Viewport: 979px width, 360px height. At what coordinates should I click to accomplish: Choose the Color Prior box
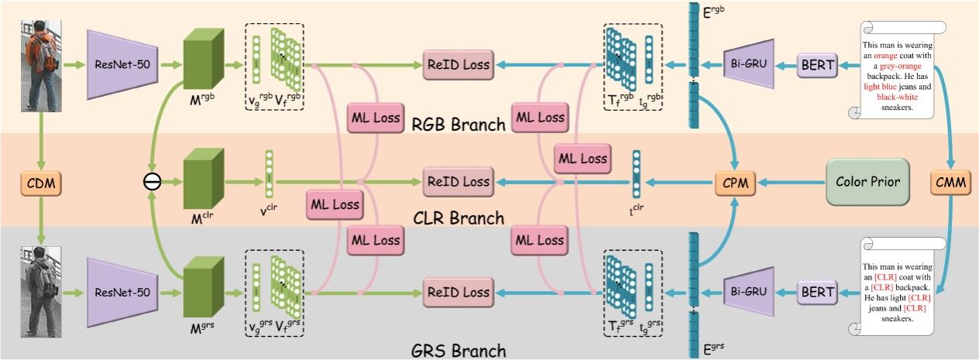[867, 183]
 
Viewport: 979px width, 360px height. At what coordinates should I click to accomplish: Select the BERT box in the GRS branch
[816, 293]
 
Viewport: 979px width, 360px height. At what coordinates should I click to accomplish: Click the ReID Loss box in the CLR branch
[459, 182]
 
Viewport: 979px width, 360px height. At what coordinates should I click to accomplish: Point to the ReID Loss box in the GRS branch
[459, 293]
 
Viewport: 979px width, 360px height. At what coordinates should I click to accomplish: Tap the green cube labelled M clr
[203, 183]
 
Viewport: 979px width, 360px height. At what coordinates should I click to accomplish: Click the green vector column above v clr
[270, 172]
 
